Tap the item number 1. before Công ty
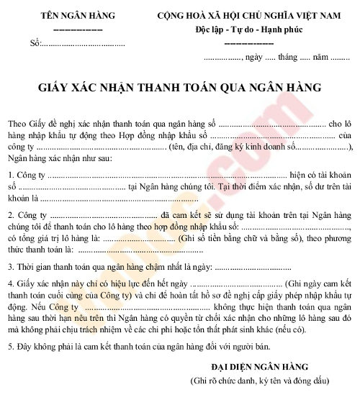pyautogui.click(x=12, y=175)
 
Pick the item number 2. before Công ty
pyautogui.click(x=12, y=214)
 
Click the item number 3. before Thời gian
pyautogui.click(x=12, y=267)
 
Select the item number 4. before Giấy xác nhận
pyautogui.click(x=12, y=284)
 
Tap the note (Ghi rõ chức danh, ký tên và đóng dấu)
pyautogui.click(x=258, y=379)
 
